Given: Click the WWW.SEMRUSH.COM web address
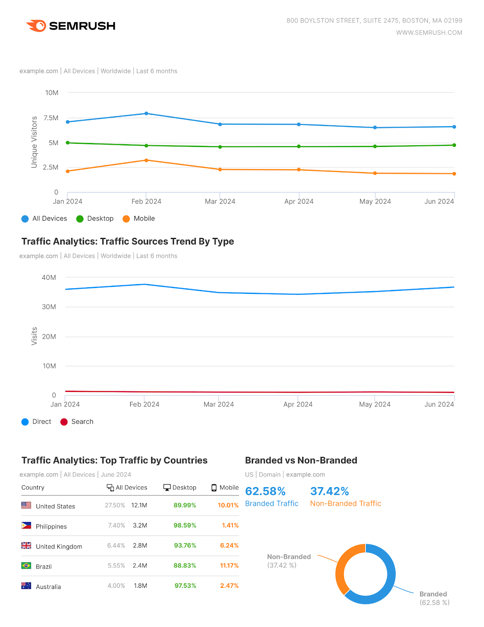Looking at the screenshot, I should (x=429, y=33).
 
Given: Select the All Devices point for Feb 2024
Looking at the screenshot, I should (x=146, y=114).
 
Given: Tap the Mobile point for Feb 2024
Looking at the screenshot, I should (x=146, y=160).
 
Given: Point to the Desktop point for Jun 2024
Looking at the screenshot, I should (x=454, y=145).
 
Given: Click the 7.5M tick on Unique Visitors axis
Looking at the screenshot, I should (x=51, y=118).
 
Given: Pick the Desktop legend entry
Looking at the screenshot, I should (x=95, y=219).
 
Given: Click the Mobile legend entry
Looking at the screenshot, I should (x=139, y=219).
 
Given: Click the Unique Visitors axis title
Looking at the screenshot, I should (x=34, y=142).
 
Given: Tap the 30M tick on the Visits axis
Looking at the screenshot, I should (x=49, y=307).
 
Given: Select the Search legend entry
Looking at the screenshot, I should (x=77, y=422).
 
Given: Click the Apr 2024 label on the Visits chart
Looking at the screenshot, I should (x=298, y=404).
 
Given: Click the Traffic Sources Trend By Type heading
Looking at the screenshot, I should (x=128, y=241).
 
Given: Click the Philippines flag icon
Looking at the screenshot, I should (x=26, y=526).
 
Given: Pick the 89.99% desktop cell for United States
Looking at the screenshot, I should (x=185, y=506).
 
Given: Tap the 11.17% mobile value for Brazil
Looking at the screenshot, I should (x=229, y=566).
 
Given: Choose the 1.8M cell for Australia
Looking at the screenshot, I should (x=140, y=586).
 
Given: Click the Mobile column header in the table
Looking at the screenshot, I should (x=225, y=487).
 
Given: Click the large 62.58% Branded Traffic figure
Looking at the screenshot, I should (x=265, y=491).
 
